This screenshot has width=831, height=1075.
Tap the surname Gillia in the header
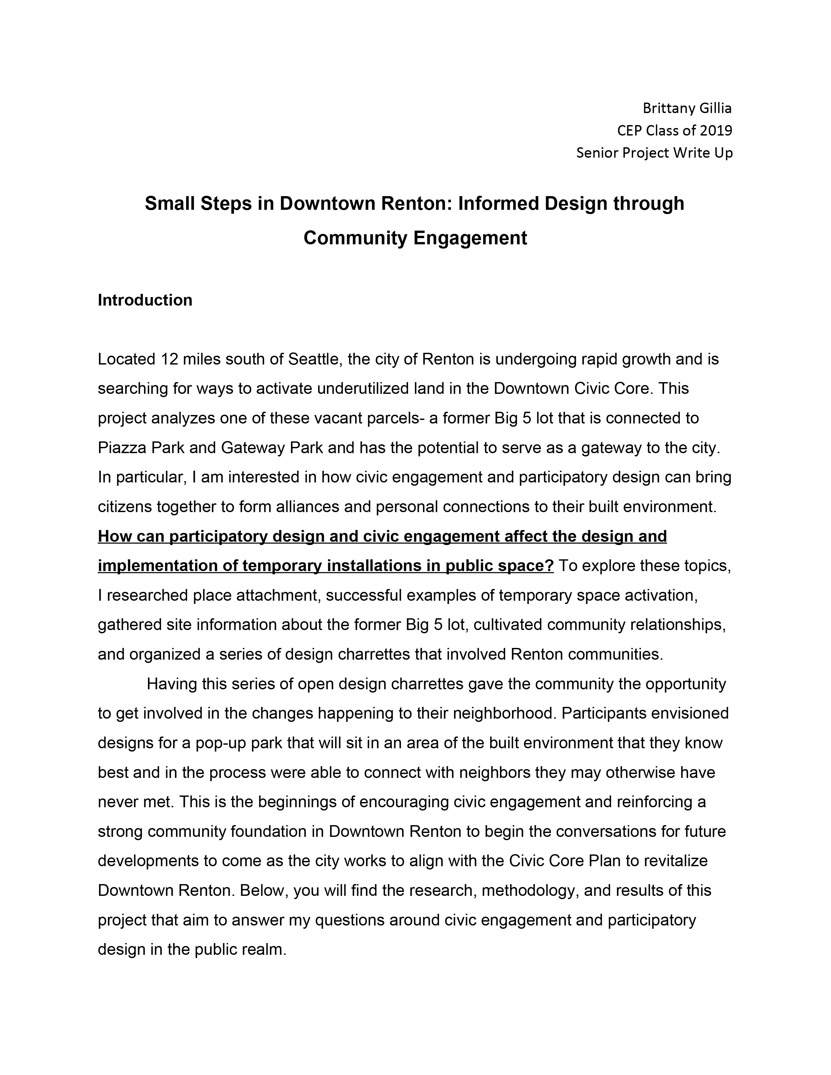tap(713, 108)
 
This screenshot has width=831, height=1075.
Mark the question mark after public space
tap(550, 566)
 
